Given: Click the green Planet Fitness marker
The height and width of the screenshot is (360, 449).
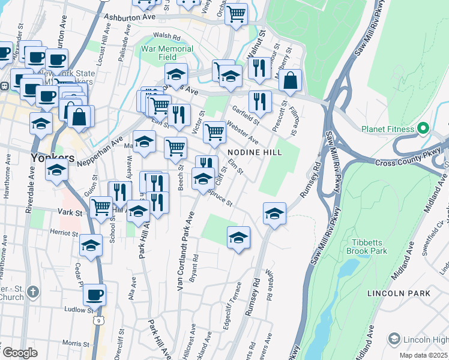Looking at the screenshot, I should pyautogui.click(x=423, y=129).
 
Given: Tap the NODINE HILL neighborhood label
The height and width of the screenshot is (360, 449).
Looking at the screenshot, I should pyautogui.click(x=253, y=152).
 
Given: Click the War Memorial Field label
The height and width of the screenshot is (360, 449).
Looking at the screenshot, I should pyautogui.click(x=167, y=53).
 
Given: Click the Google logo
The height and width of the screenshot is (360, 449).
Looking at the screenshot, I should pyautogui.click(x=19, y=353).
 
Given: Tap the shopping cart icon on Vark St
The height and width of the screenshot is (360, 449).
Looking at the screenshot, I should pyautogui.click(x=101, y=207).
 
